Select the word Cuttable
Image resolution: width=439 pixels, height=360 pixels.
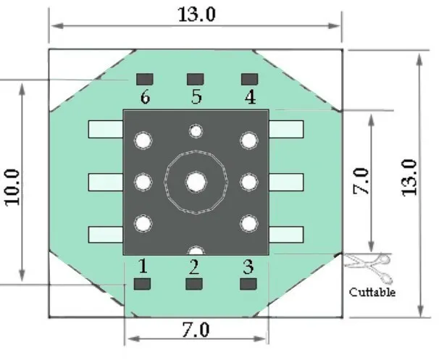(372, 293)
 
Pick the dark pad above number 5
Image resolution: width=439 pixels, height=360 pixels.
(195, 78)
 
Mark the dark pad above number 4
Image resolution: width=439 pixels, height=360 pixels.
(249, 78)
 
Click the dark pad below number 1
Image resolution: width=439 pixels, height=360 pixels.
(142, 283)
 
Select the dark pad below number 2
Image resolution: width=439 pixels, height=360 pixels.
(193, 283)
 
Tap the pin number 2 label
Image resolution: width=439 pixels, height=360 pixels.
(193, 266)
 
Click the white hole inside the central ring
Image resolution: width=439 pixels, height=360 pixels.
(195, 181)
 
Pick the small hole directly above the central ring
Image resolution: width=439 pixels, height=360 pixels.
(195, 131)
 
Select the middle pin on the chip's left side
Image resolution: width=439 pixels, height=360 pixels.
(106, 180)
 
